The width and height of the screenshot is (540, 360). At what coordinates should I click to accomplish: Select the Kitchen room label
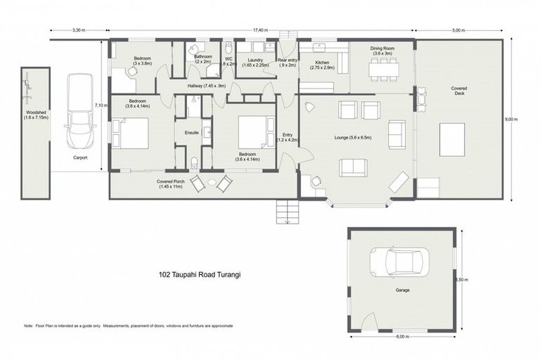pos(323,64)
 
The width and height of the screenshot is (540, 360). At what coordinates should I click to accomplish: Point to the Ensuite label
pos(191,132)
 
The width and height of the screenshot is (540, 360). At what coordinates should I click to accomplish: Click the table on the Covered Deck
pos(452,139)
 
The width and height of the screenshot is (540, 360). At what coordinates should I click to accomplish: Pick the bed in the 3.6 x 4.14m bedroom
pos(252,131)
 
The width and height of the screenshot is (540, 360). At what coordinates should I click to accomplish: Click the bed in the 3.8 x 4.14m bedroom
pos(131,133)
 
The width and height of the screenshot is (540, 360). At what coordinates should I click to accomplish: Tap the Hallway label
pos(207,85)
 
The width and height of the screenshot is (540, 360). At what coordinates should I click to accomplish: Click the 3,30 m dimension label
pos(79,30)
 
